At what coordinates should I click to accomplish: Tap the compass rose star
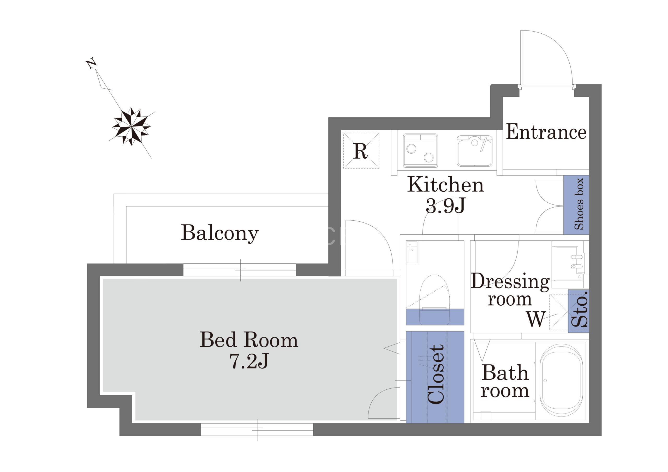coord(131,127)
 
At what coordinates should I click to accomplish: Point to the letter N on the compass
coord(92,64)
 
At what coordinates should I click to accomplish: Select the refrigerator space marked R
coord(361,151)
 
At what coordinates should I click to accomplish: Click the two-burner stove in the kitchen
coord(420,151)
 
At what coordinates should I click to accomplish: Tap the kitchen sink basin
coord(475,151)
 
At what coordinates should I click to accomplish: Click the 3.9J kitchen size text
coord(445,205)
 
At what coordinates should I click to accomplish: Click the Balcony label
coord(220,233)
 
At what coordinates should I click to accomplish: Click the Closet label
coord(436,374)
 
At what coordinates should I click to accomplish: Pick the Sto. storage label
coord(579,309)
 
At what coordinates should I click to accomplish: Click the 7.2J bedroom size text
coord(249,361)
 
